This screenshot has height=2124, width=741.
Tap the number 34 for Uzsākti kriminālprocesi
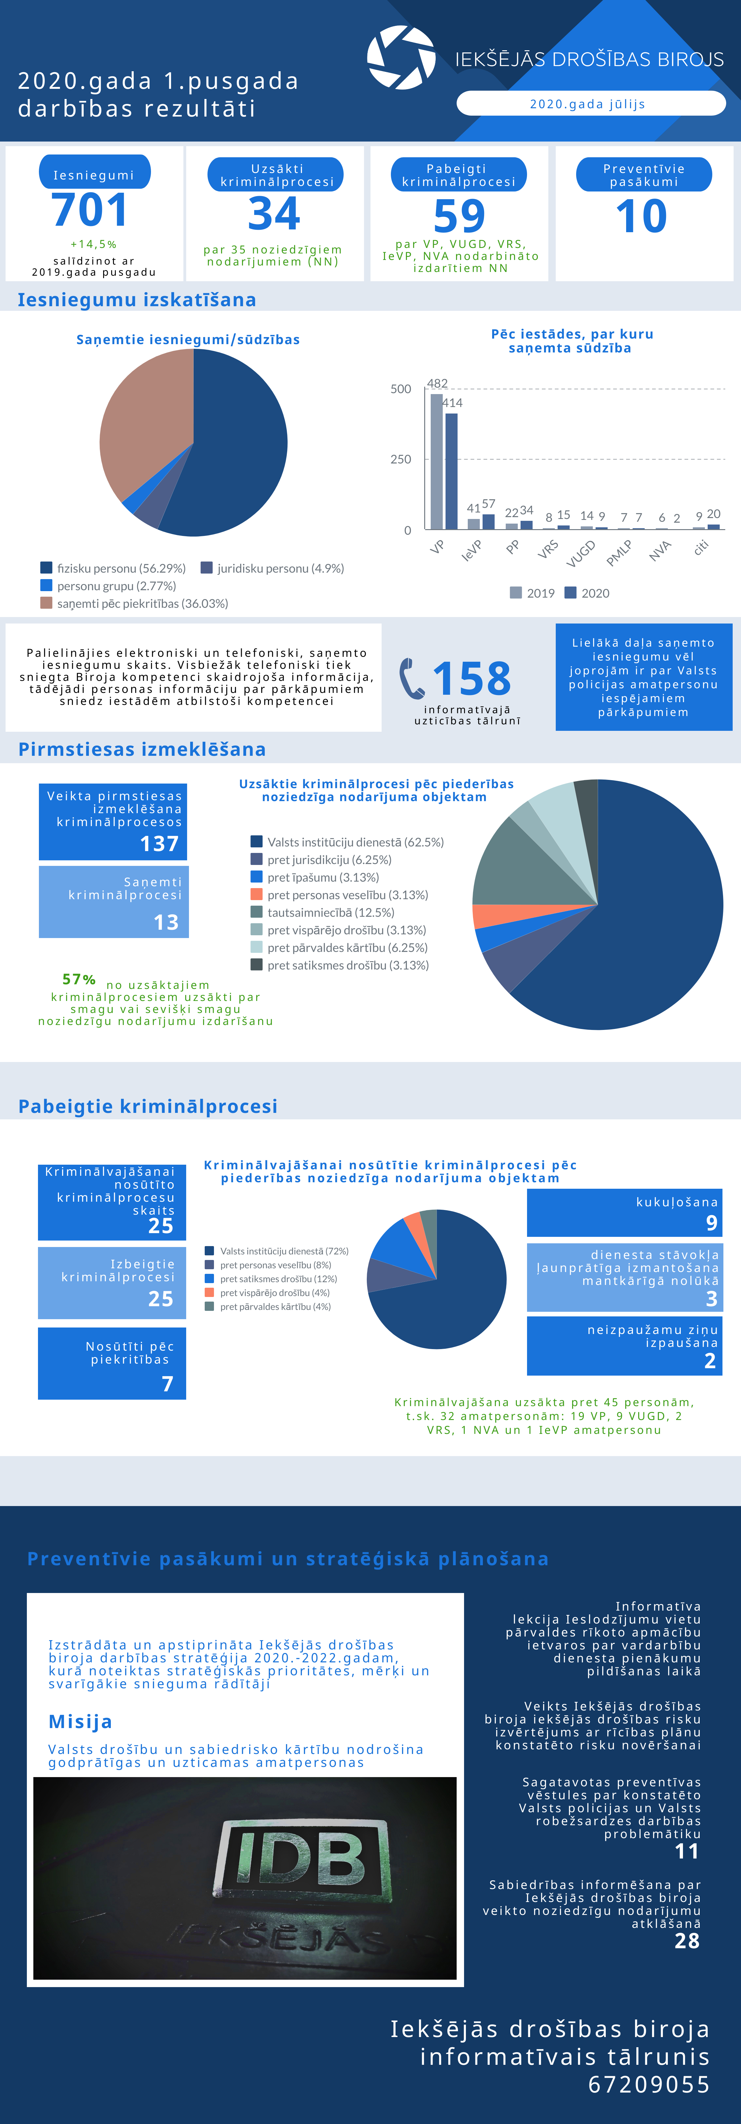(x=274, y=214)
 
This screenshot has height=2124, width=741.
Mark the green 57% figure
(x=79, y=980)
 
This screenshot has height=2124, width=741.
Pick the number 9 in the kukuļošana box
(x=711, y=1223)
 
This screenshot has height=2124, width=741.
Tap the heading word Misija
(x=80, y=1722)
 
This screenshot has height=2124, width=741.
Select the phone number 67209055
(x=649, y=2085)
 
